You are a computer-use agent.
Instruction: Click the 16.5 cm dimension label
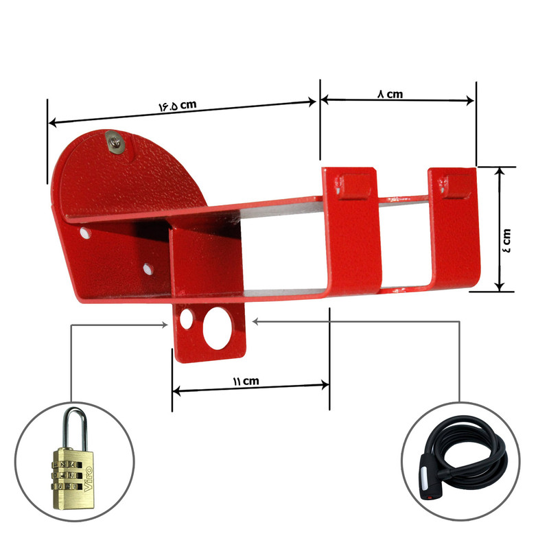[x=178, y=106]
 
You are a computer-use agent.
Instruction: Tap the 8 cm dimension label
[x=390, y=94]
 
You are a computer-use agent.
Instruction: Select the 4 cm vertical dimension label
[x=506, y=240]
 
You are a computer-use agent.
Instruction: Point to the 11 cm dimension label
[x=246, y=381]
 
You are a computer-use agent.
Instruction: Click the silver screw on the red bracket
[x=115, y=142]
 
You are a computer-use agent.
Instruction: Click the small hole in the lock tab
[x=186, y=319]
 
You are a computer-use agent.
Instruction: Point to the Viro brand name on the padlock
[x=88, y=480]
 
